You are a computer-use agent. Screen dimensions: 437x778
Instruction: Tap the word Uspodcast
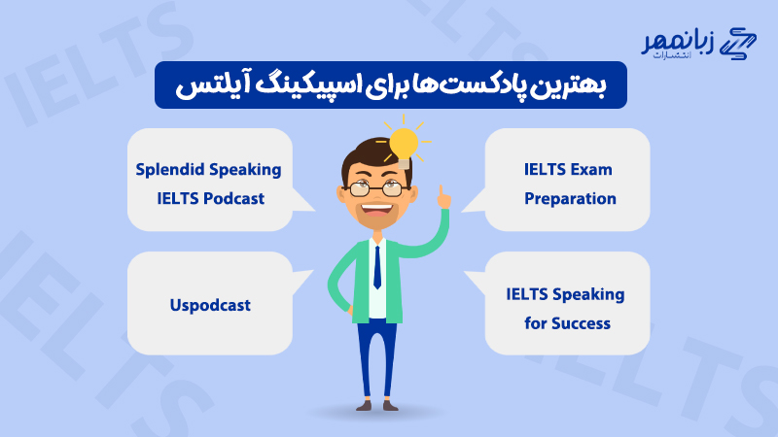click(x=209, y=305)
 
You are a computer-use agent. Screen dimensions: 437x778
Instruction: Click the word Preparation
click(x=570, y=198)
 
